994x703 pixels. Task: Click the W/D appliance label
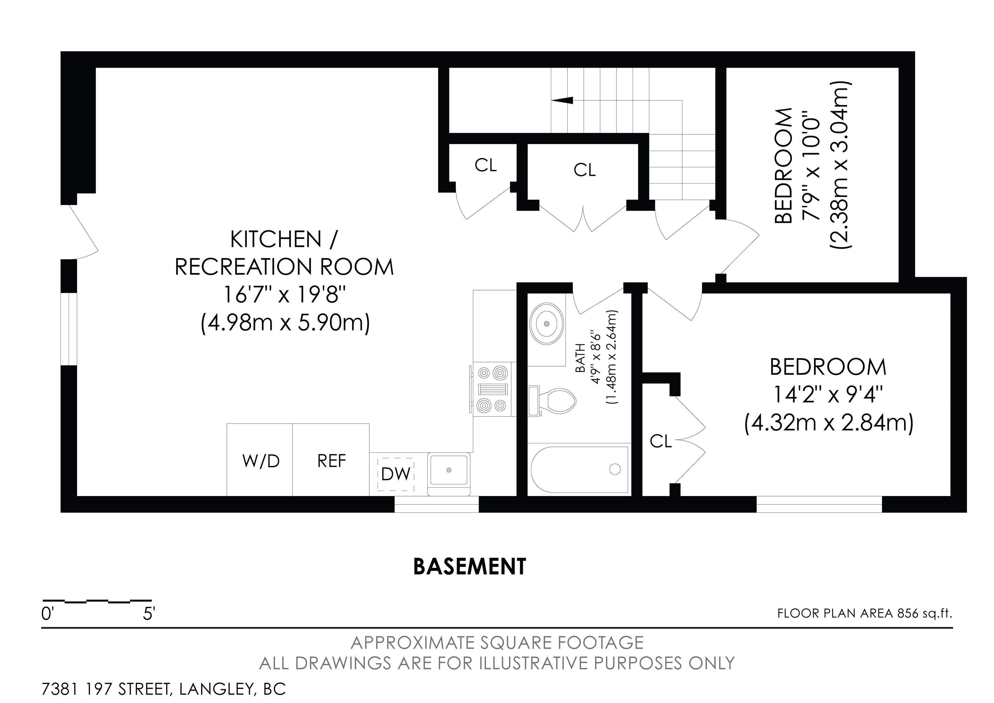pyautogui.click(x=261, y=461)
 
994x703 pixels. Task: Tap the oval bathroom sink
pyautogui.click(x=547, y=323)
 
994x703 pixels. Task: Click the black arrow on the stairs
pyautogui.click(x=562, y=100)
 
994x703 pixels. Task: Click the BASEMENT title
pyautogui.click(x=470, y=567)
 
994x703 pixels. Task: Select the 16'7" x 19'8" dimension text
pyautogui.click(x=284, y=295)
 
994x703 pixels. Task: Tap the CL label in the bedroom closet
pyautogui.click(x=661, y=441)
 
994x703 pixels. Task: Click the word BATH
pyautogui.click(x=580, y=358)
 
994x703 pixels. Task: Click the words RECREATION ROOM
pyautogui.click(x=284, y=267)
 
